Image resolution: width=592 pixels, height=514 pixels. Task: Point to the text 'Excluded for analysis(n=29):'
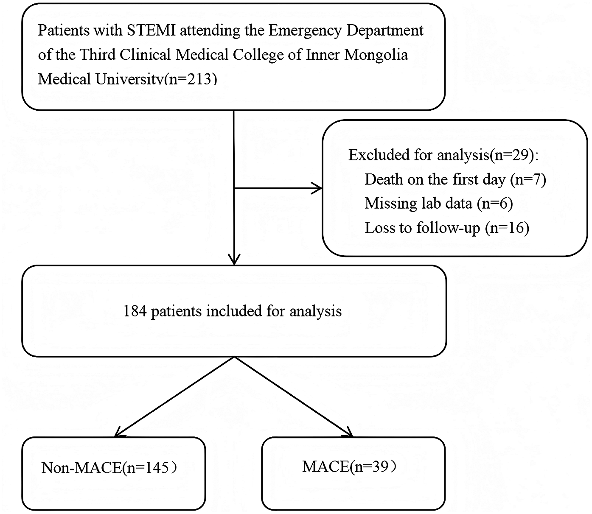[x=443, y=155]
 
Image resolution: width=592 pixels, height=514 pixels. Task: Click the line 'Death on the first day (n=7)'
[x=455, y=179]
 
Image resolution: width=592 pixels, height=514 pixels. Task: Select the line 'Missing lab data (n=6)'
[x=438, y=204]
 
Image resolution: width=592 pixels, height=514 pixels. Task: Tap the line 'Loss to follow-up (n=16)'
[x=446, y=228]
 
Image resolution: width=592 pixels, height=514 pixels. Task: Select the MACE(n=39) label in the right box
[x=349, y=467]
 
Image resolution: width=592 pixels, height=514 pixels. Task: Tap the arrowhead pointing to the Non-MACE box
[x=119, y=433]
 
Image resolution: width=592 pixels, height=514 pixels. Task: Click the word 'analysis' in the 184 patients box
[x=315, y=311]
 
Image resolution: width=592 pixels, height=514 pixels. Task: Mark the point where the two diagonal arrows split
[x=234, y=357]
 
